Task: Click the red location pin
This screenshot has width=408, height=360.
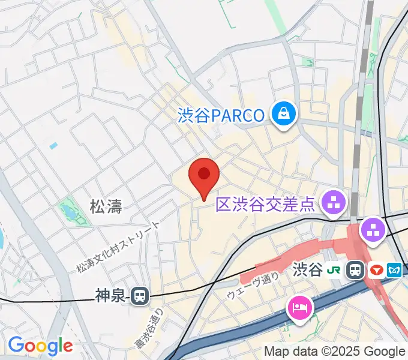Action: tap(204, 175)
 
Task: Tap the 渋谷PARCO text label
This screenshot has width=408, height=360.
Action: tap(221, 115)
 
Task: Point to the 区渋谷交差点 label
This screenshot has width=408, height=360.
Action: tap(265, 205)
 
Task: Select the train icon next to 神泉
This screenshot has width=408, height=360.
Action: tap(140, 295)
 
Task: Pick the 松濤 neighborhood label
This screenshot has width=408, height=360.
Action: tap(106, 208)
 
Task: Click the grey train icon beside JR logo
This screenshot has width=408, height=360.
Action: tap(356, 270)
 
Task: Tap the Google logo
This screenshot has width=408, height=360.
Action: tap(40, 346)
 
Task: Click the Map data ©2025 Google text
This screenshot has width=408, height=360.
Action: tap(335, 352)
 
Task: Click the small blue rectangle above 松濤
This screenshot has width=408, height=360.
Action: tap(53, 146)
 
